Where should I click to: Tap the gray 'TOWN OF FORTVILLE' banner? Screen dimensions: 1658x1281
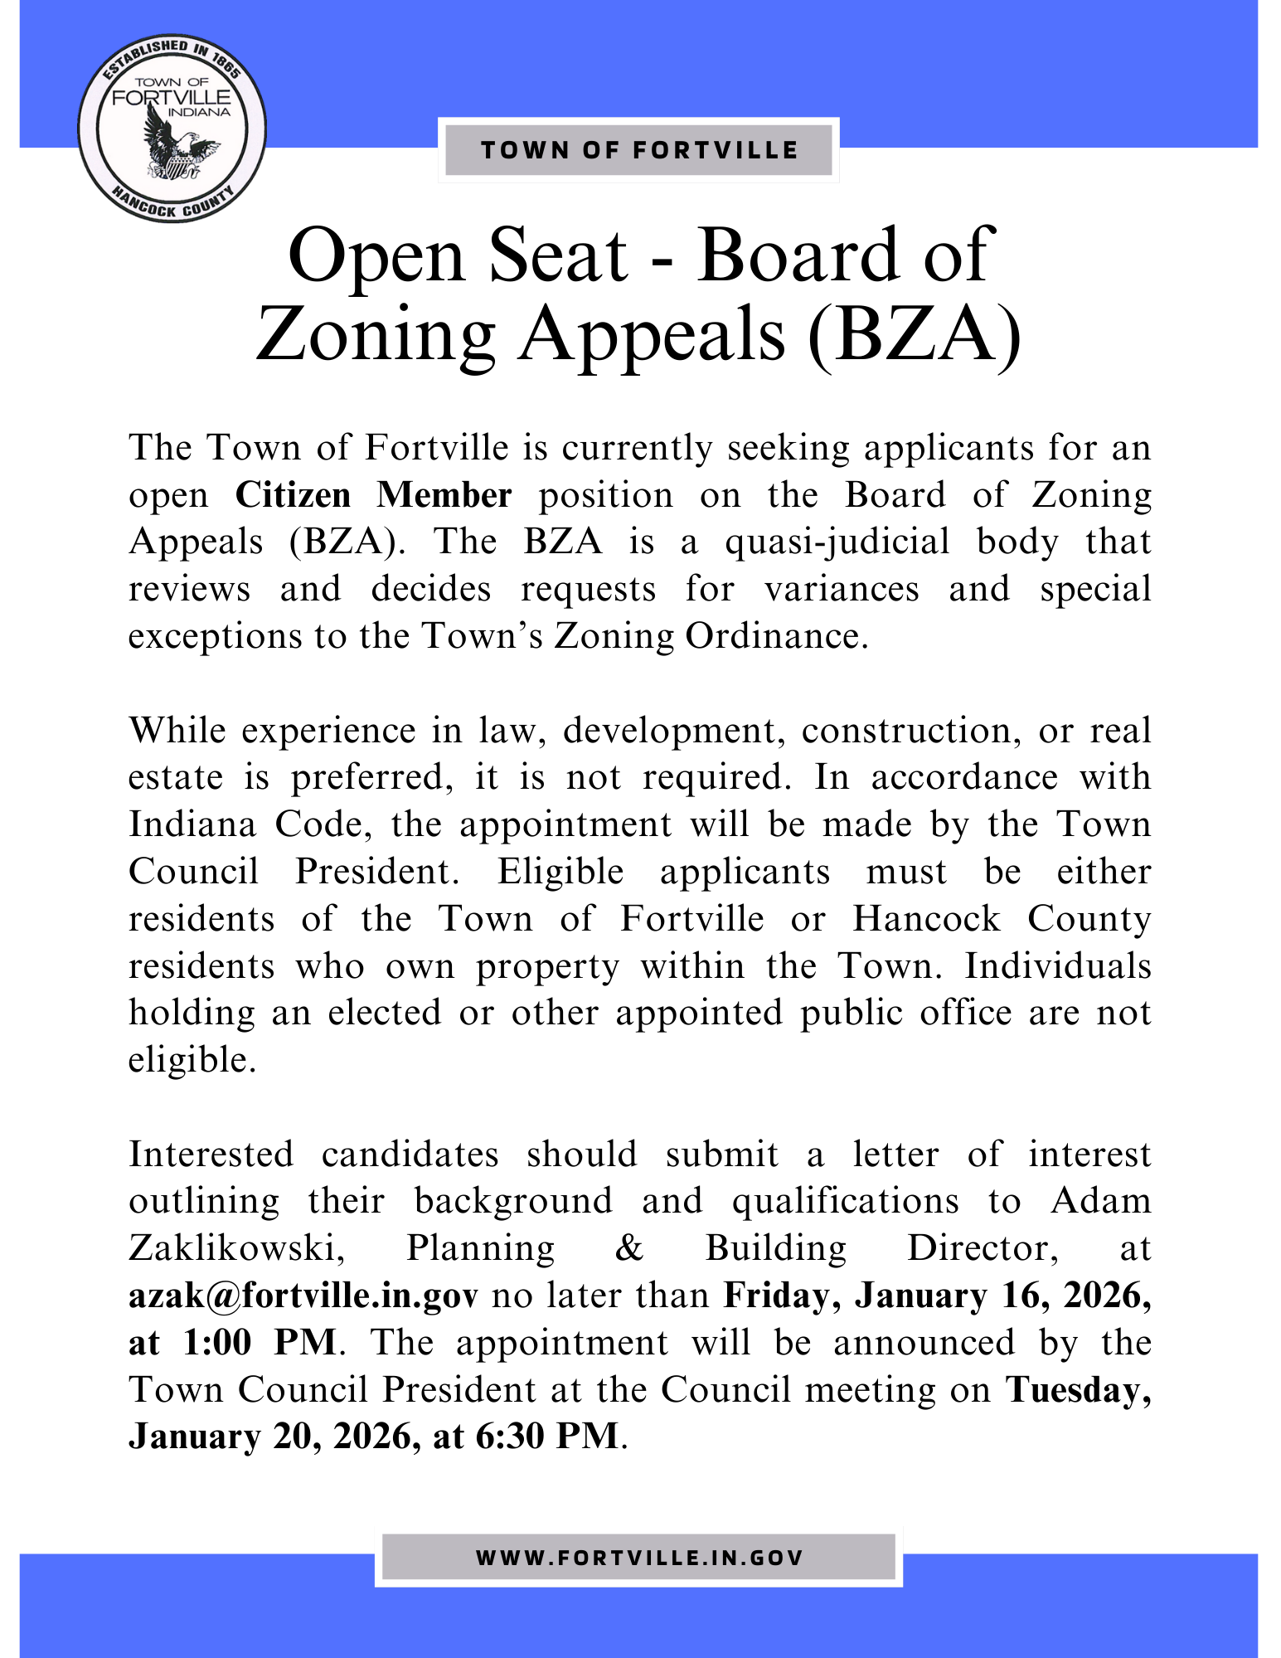638,150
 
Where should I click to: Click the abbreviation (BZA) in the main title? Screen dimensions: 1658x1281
915,333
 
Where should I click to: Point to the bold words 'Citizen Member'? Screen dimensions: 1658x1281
373,495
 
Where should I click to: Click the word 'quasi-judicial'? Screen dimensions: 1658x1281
837,542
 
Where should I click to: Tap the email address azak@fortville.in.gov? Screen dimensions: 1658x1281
303,1296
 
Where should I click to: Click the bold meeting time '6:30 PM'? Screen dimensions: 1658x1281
547,1437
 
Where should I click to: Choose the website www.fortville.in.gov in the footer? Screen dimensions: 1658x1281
638,1558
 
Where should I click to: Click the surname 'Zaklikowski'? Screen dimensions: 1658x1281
236,1248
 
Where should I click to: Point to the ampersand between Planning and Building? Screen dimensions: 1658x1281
630,1248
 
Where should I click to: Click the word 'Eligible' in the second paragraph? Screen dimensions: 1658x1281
560,872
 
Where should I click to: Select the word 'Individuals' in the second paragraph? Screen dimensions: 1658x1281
1057,966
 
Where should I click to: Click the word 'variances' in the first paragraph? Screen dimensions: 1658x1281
842,590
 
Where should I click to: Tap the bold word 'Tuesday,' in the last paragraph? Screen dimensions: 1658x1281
1078,1390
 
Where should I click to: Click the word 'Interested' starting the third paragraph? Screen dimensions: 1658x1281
211,1155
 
